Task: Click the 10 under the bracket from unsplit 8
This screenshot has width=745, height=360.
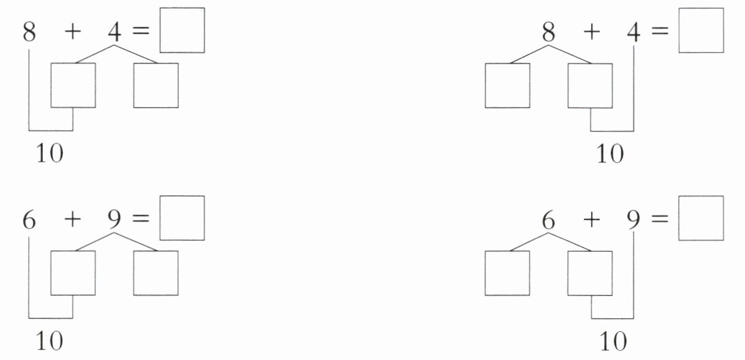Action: point(49,154)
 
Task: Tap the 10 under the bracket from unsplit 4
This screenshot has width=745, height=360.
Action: point(610,154)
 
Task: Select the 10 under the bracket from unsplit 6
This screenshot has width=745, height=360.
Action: point(49,341)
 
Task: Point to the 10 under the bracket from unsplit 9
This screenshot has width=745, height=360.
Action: point(613,341)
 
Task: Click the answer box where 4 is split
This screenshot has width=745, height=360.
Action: point(182,30)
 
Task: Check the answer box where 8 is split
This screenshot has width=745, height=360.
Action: point(701,30)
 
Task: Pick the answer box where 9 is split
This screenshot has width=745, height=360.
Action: point(182,218)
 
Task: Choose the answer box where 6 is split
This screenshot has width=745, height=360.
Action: point(701,218)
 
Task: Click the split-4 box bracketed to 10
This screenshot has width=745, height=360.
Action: point(73,85)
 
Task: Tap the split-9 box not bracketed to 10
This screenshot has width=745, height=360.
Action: point(156,273)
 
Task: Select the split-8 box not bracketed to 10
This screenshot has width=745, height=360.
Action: point(507,85)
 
